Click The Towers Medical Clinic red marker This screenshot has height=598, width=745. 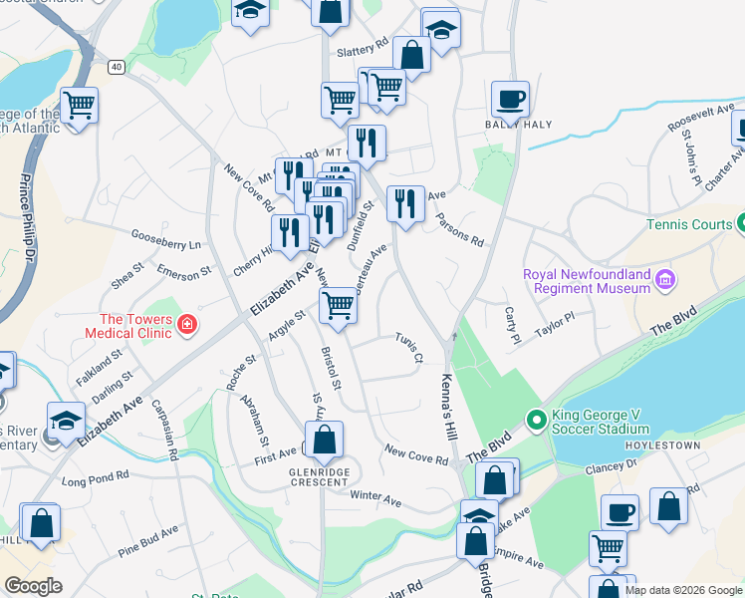pos(186,324)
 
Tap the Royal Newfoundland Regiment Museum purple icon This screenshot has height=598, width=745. pos(665,281)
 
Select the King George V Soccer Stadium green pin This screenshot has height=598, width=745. pos(536,421)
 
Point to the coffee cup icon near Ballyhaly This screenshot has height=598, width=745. pos(510,100)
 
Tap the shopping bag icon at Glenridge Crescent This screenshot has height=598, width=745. pos(324,439)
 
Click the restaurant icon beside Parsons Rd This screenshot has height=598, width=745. pos(405,204)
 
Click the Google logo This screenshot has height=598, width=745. pos(33,586)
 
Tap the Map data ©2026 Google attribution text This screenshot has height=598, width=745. pos(683,590)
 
